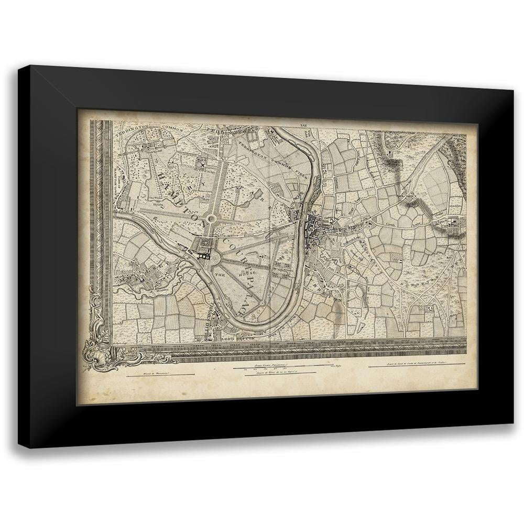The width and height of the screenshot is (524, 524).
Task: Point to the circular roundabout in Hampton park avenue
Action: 212,219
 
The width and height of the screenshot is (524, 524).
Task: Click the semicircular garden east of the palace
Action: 215,258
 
